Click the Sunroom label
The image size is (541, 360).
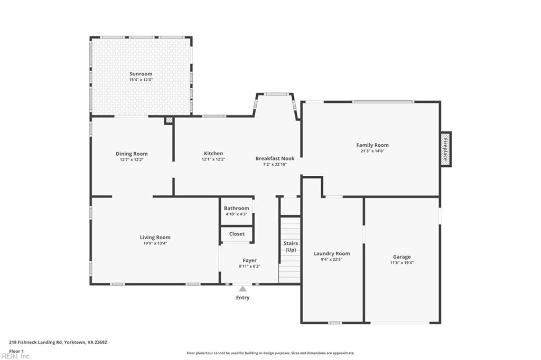coord(141,74)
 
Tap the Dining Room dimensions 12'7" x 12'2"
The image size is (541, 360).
coord(132,160)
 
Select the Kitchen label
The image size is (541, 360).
coord(213,154)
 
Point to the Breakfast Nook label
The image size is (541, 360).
coord(275,158)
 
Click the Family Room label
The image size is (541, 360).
coord(372,145)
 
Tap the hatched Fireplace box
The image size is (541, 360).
coord(445,149)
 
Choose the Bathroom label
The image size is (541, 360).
coord(236,209)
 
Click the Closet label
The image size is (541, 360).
coord(237,234)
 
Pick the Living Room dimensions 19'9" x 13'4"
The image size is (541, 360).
coord(155,243)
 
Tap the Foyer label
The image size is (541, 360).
coord(249,261)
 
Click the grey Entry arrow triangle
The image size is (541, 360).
coord(243,289)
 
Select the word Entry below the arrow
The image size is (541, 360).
coord(242,298)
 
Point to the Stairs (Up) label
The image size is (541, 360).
coord(291,247)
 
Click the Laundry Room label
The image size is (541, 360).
coord(332,254)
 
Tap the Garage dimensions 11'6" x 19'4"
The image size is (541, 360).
coord(402,263)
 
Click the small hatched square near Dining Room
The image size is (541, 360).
coord(169,120)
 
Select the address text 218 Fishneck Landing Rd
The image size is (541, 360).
coord(35,343)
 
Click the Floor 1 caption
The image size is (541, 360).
coord(16,352)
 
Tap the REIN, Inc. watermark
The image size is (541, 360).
coord(16,356)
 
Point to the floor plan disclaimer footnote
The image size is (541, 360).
coord(270,353)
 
